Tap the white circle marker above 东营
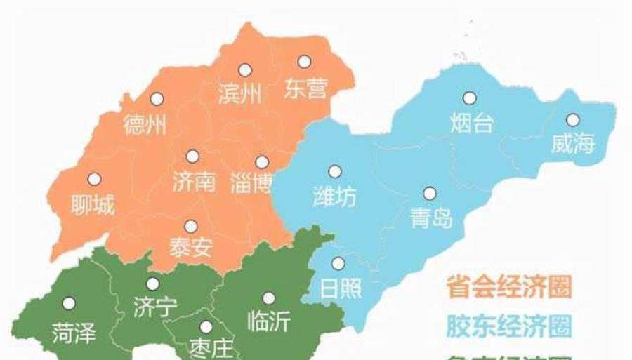pyautogui.click(x=304, y=62)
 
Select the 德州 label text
pyautogui.click(x=145, y=125)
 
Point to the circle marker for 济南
pyautogui.click(x=192, y=156)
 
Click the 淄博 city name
pyautogui.click(x=251, y=184)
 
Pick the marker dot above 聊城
pyautogui.click(x=94, y=179)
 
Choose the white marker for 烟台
pyautogui.click(x=469, y=98)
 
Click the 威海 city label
pyautogui.click(x=573, y=144)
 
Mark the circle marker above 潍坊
pyautogui.click(x=335, y=171)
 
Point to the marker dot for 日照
pyautogui.click(x=338, y=264)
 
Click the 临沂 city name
pyautogui.click(x=268, y=321)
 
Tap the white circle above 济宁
pyautogui.click(x=152, y=284)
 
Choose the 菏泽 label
pyautogui.click(x=73, y=333)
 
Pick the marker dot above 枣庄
pyautogui.click(x=206, y=327)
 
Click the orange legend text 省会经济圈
pyautogui.click(x=509, y=286)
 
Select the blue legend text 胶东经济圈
pyautogui.click(x=509, y=326)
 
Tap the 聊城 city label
pyautogui.click(x=93, y=206)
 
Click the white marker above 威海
pyautogui.click(x=573, y=120)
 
